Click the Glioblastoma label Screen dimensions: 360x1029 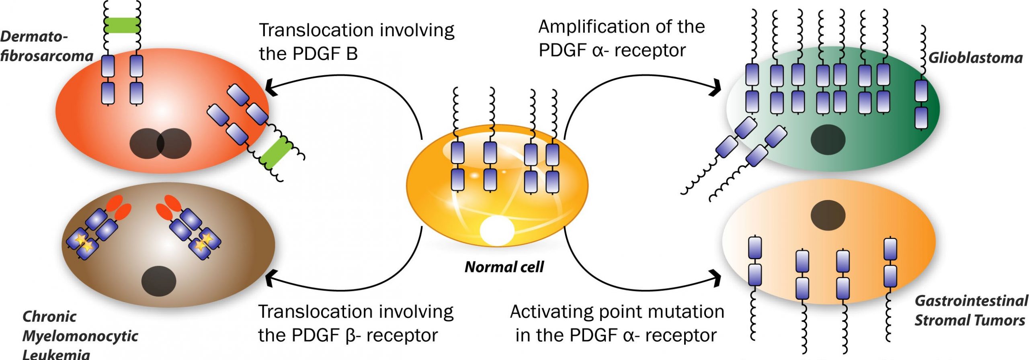click(x=976, y=58)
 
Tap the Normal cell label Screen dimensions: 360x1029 click(x=504, y=267)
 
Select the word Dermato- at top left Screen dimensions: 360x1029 click(x=34, y=37)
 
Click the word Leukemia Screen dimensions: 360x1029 click(x=56, y=354)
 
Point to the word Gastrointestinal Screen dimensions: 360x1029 click(x=971, y=301)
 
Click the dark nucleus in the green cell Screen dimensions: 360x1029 click(x=828, y=140)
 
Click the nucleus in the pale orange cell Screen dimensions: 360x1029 click(x=828, y=215)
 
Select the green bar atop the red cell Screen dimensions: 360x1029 click(x=122, y=25)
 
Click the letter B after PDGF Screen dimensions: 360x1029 click(x=352, y=54)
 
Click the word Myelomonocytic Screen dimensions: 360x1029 click(x=80, y=336)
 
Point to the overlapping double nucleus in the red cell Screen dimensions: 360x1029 click(x=160, y=143)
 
